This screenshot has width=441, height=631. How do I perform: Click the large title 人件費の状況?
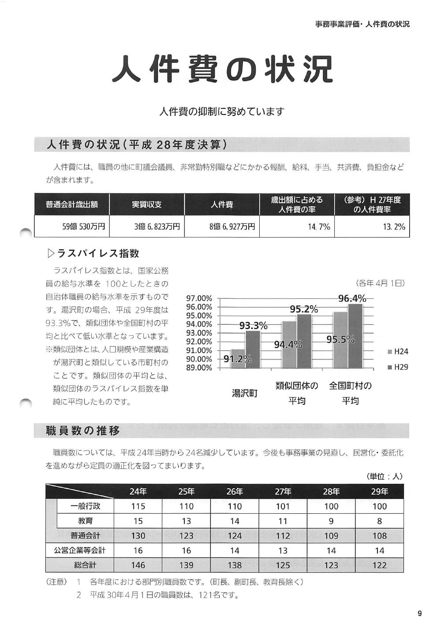(x=222, y=69)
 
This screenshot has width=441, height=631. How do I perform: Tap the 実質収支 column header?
(x=147, y=204)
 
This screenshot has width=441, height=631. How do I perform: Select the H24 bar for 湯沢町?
(x=238, y=359)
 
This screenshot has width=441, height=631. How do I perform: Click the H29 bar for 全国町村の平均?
(x=355, y=336)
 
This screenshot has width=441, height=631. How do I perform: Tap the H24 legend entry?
(x=398, y=352)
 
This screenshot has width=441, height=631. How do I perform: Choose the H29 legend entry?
(x=398, y=367)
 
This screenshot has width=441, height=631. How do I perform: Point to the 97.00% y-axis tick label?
(x=199, y=298)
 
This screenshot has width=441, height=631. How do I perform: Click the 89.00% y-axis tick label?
(x=199, y=368)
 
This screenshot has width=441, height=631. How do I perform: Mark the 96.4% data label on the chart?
(x=352, y=298)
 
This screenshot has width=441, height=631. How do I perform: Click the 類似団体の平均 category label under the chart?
(x=297, y=393)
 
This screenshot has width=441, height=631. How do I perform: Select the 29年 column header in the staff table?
(x=379, y=491)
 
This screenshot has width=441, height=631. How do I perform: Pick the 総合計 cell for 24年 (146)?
(x=138, y=565)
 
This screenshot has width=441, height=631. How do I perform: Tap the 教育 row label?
(x=86, y=521)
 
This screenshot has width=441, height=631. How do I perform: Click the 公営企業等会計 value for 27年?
(x=283, y=550)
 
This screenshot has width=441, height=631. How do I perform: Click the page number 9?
(x=419, y=613)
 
